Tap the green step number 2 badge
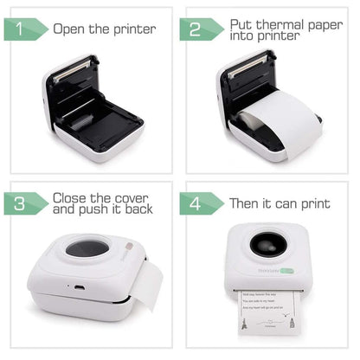[200, 29]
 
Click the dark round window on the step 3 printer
[87, 248]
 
